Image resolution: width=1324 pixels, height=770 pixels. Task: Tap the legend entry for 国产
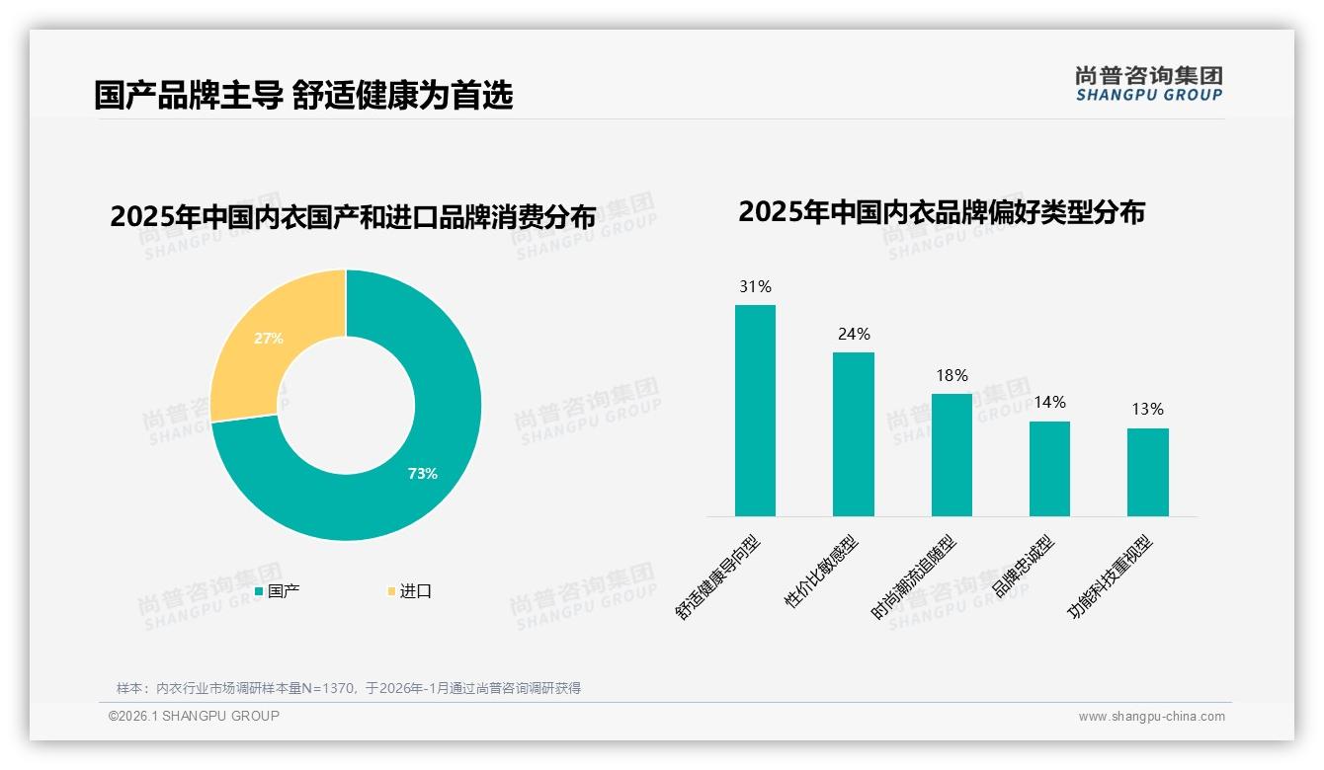[278, 591]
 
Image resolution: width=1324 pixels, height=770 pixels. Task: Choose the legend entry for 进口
[410, 591]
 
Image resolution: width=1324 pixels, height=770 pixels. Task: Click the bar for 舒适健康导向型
[755, 411]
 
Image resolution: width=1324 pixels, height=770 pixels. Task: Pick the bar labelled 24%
[853, 434]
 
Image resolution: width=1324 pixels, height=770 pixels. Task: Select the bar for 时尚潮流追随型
[952, 455]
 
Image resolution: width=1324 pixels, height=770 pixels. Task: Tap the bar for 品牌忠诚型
[1049, 469]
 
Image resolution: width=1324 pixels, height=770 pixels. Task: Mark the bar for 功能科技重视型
[1147, 472]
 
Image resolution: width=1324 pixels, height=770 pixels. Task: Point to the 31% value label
[755, 287]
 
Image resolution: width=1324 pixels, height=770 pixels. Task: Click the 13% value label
[1147, 410]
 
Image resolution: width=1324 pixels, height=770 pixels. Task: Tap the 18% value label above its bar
[952, 376]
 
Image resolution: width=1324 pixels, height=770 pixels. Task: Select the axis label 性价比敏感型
[822, 572]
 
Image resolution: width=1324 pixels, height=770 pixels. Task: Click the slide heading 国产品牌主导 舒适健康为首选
[303, 96]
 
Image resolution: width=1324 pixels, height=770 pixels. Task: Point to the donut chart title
[353, 217]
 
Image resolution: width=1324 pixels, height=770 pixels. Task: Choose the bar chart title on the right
[941, 212]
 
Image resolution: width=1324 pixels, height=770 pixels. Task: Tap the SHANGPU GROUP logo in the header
[1148, 84]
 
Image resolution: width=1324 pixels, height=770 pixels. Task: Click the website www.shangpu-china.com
[1151, 717]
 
